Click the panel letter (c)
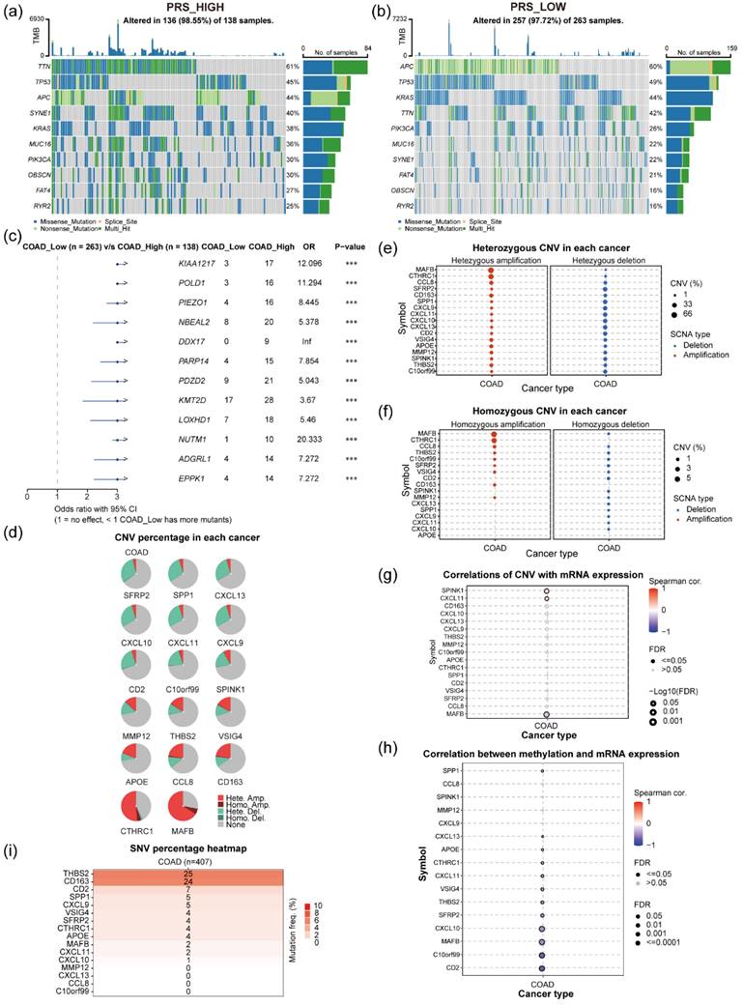pos(10,234)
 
